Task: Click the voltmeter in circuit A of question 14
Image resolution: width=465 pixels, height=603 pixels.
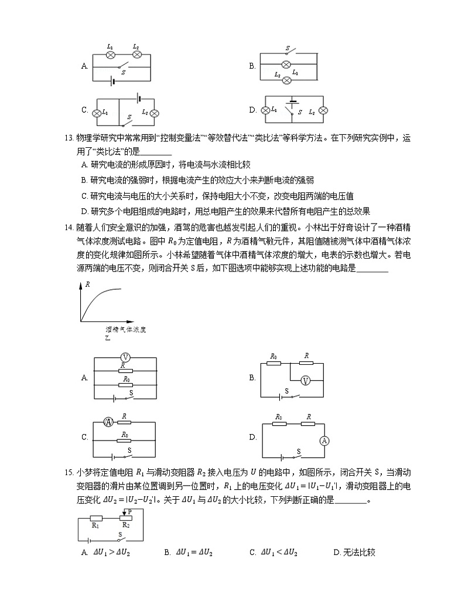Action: pyautogui.click(x=124, y=357)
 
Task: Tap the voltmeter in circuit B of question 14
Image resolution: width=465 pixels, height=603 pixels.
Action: pyautogui.click(x=305, y=381)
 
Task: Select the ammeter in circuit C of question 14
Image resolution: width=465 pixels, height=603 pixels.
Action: pyautogui.click(x=108, y=422)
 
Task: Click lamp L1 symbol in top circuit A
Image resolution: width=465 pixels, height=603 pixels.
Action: pyautogui.click(x=111, y=54)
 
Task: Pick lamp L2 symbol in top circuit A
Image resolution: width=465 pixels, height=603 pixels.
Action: pyautogui.click(x=137, y=54)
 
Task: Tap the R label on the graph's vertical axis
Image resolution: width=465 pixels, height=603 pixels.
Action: pyautogui.click(x=87, y=284)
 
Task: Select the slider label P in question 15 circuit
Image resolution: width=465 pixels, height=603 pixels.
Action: pyautogui.click(x=129, y=511)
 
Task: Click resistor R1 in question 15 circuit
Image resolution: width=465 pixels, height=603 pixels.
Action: pyautogui.click(x=96, y=519)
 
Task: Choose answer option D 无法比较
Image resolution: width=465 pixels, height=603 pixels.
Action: pyautogui.click(x=353, y=552)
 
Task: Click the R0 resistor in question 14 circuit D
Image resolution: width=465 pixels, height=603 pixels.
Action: pyautogui.click(x=280, y=424)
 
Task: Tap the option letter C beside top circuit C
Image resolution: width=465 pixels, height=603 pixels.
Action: pyautogui.click(x=85, y=110)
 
